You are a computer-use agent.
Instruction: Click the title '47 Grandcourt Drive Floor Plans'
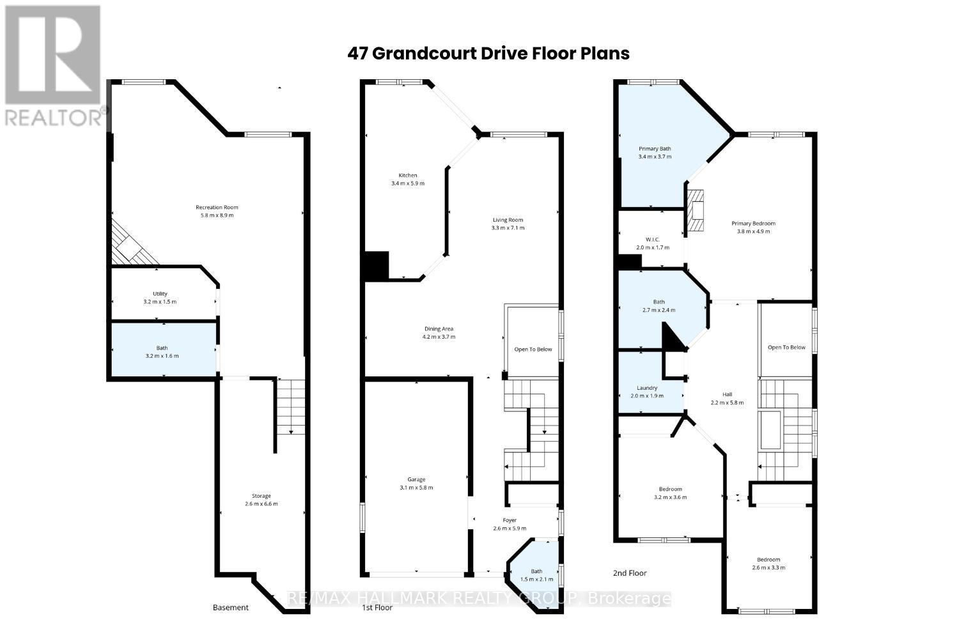tap(488, 53)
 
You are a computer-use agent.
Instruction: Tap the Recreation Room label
tap(217, 207)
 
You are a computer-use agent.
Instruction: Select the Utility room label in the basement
tap(159, 294)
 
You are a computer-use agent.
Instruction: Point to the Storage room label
tap(261, 496)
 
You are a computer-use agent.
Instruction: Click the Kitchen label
tap(408, 175)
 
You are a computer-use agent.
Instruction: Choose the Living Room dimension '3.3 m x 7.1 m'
tap(508, 228)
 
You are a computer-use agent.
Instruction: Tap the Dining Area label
tap(438, 329)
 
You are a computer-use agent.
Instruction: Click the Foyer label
tap(509, 520)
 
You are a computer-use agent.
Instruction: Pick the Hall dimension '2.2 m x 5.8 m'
tap(727, 403)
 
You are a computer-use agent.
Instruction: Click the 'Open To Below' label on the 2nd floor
tap(786, 348)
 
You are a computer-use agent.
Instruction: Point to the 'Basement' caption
tap(230, 608)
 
